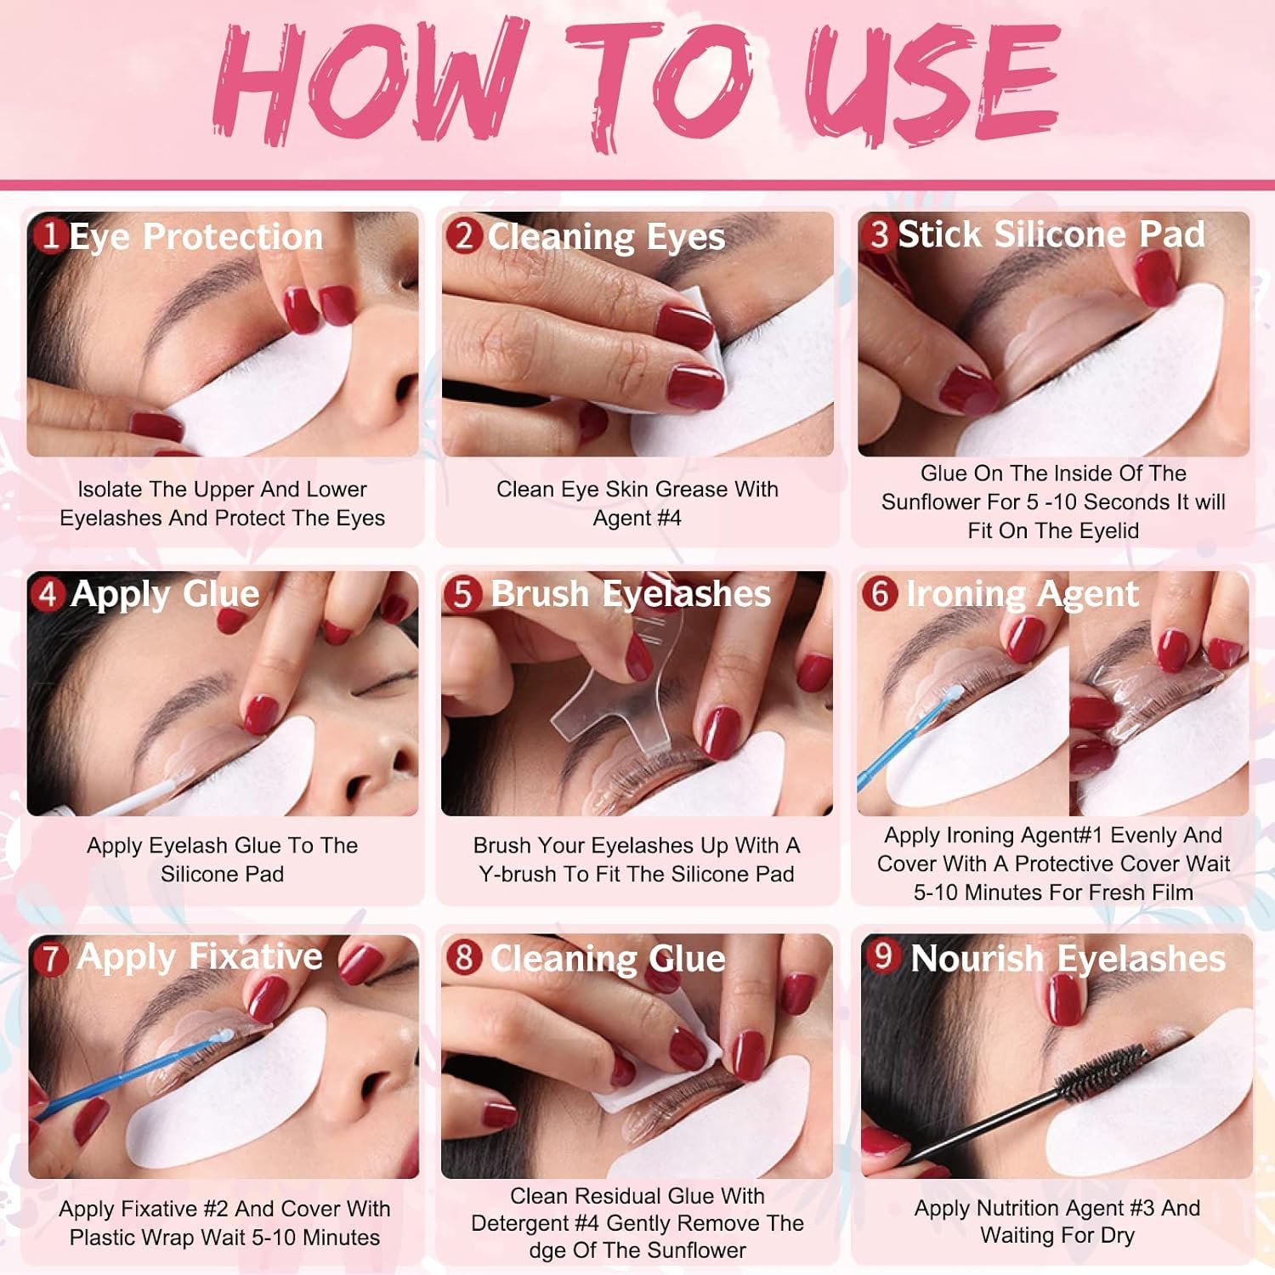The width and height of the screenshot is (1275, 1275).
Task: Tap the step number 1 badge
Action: pyautogui.click(x=50, y=235)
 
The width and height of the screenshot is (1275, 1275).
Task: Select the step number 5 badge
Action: pyautogui.click(x=462, y=593)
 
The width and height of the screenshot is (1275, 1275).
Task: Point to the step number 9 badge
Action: pyautogui.click(x=883, y=955)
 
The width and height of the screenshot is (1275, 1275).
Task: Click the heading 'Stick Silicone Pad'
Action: pyautogui.click(x=1051, y=235)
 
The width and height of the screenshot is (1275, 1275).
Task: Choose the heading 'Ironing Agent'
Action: pyautogui.click(x=1022, y=594)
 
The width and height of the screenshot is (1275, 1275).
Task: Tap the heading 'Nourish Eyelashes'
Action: pyautogui.click(x=1068, y=959)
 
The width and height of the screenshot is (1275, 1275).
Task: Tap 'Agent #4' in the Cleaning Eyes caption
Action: pyautogui.click(x=637, y=518)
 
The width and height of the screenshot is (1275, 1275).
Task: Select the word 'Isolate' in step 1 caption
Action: pyautogui.click(x=110, y=489)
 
